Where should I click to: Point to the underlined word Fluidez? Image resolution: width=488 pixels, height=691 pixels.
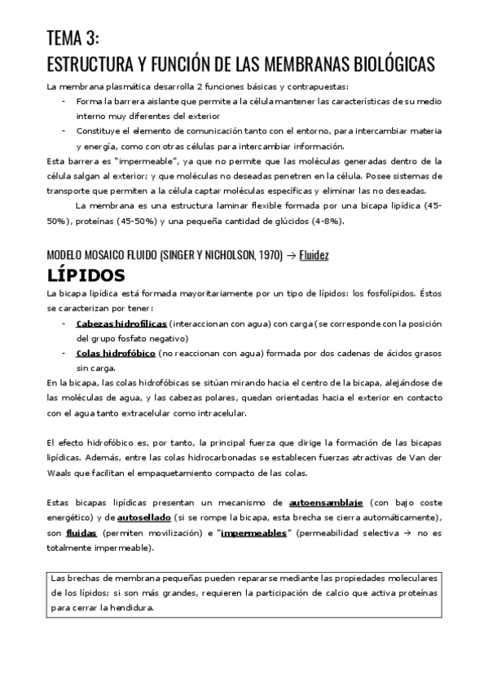coord(314,254)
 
